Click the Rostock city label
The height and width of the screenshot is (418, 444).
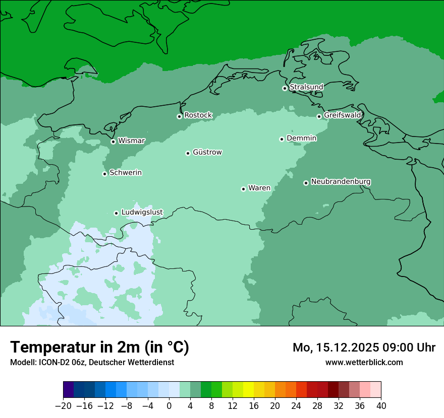pyautogui.click(x=198, y=115)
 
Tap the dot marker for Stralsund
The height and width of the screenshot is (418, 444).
pyautogui.click(x=285, y=88)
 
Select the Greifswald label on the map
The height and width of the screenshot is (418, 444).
pyautogui.click(x=342, y=115)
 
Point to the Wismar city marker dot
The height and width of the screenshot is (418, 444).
pyautogui.click(x=113, y=142)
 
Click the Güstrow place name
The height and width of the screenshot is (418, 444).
pyautogui.click(x=207, y=152)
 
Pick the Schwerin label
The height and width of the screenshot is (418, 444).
pyautogui.click(x=125, y=173)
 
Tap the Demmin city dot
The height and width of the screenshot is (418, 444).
pyautogui.click(x=282, y=139)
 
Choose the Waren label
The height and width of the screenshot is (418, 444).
pyautogui.click(x=259, y=188)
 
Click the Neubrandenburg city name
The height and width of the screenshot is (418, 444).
pyautogui.click(x=341, y=181)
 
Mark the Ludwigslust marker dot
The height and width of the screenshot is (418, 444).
pyautogui.click(x=116, y=213)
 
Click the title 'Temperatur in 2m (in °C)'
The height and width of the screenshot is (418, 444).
pyautogui.click(x=99, y=347)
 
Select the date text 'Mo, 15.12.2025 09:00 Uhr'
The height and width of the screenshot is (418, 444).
pyautogui.click(x=364, y=347)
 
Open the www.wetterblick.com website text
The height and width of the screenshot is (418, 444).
pyautogui.click(x=364, y=362)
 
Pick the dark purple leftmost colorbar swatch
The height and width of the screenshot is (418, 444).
pyautogui.click(x=69, y=390)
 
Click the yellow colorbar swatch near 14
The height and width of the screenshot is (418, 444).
pyautogui.click(x=248, y=390)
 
